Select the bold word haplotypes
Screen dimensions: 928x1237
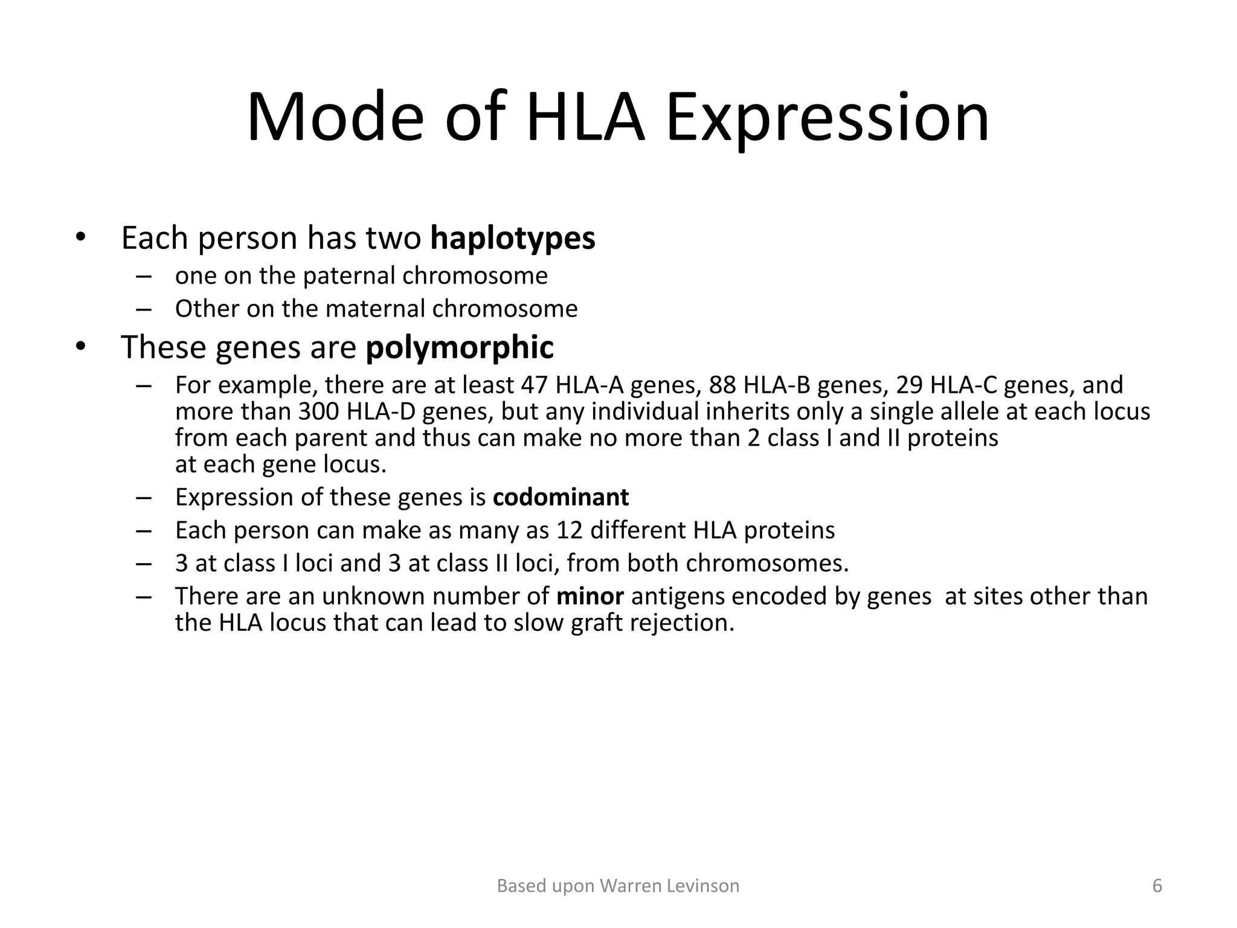[x=512, y=237]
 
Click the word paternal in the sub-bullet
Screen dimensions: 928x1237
[x=349, y=275]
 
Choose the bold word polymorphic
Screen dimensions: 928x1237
[x=459, y=347]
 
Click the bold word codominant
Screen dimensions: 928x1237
[x=561, y=497]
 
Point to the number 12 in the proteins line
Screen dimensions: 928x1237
[x=570, y=530]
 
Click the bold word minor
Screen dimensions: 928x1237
[x=590, y=596]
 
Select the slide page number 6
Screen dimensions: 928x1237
[x=1157, y=886]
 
